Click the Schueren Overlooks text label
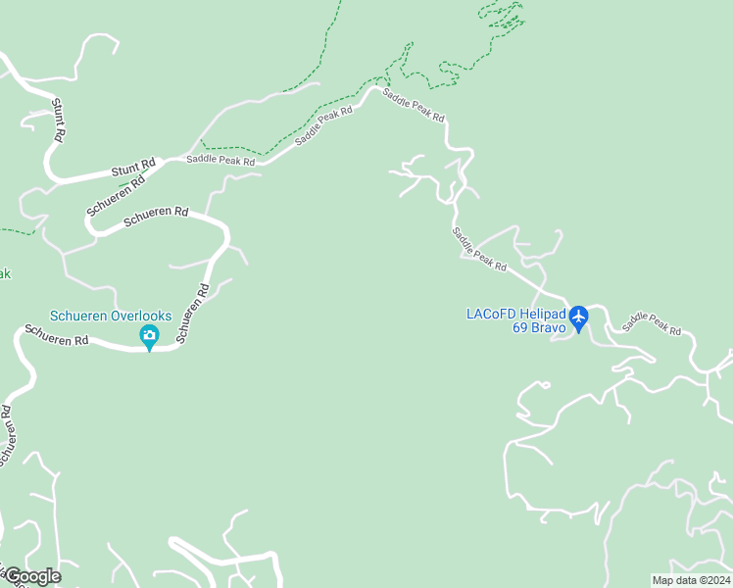click(111, 316)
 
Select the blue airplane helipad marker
click(578, 318)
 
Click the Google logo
click(32, 575)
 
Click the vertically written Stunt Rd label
click(58, 119)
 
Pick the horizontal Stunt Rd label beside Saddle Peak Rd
click(133, 169)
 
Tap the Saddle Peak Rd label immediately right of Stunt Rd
click(220, 160)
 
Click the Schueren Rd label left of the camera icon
click(58, 339)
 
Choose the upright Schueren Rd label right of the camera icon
click(193, 314)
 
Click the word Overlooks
click(140, 316)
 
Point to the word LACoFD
click(490, 315)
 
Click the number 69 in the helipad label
click(519, 327)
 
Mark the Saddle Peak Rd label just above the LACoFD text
click(479, 249)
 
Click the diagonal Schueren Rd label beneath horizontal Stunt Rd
click(116, 196)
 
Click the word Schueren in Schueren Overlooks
click(79, 316)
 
